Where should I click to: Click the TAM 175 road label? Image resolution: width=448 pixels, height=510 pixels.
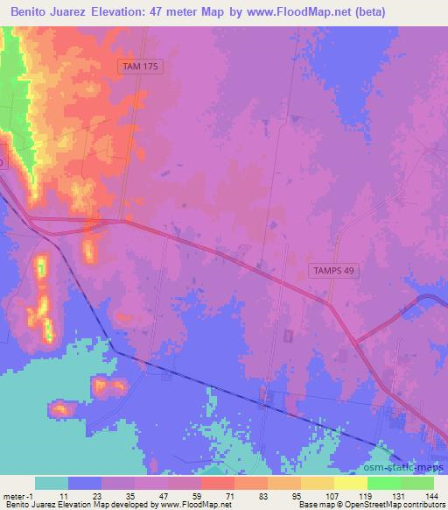tap(141, 66)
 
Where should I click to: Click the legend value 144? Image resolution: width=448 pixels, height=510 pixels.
tap(430, 495)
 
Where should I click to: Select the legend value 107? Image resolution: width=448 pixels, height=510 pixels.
tap(330, 495)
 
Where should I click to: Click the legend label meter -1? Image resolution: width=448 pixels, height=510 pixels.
tap(17, 495)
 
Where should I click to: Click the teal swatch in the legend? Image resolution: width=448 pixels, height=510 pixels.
tap(52, 483)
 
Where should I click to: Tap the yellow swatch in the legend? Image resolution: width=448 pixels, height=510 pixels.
tap(350, 483)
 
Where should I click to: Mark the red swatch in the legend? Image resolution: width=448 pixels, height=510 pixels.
tap(217, 483)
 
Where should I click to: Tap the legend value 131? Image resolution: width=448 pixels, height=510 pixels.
tap(397, 495)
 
